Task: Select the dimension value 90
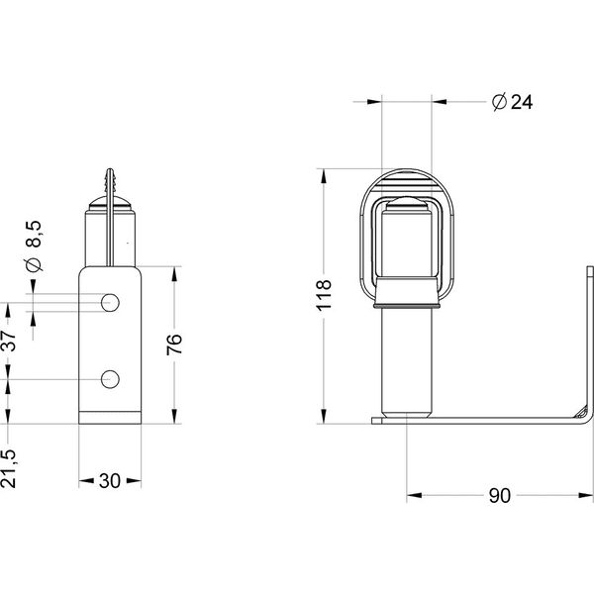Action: (500, 496)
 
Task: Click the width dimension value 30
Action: (109, 481)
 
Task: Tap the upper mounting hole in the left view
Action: (111, 300)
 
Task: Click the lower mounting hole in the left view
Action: (111, 378)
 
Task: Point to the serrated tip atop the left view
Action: (110, 182)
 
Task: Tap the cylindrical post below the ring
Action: (407, 361)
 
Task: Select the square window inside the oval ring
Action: (406, 244)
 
